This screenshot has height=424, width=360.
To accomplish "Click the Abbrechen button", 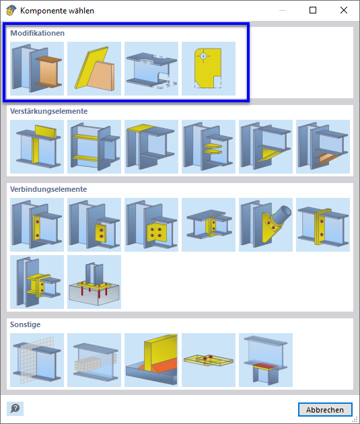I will coord(325,409).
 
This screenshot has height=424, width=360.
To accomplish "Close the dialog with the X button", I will coord(343,11).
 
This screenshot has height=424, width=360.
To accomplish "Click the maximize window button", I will coord(313,11).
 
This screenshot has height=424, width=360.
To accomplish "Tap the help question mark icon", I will coord(15,409).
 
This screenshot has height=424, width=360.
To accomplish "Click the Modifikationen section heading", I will coord(37,33).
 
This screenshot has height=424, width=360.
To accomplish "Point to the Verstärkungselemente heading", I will coord(49,111).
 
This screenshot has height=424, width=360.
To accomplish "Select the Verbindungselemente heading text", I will coord(48,189).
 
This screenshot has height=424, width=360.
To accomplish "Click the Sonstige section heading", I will coord(26,324).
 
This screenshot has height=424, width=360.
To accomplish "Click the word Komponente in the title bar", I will coord(42,11).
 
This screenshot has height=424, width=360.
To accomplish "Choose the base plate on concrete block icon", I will coord(94,282).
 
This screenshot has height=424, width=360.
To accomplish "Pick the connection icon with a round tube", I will coord(266,225).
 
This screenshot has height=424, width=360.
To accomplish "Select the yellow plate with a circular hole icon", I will coord(209,69).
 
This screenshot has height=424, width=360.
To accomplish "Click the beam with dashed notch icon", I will coord(151,69).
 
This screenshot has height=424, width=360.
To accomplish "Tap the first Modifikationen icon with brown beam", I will coord(37,69).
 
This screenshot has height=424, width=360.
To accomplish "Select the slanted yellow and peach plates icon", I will coord(94,69).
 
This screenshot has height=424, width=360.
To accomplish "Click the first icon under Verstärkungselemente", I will coord(37,147).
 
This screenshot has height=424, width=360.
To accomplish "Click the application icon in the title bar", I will coord(11,11).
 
